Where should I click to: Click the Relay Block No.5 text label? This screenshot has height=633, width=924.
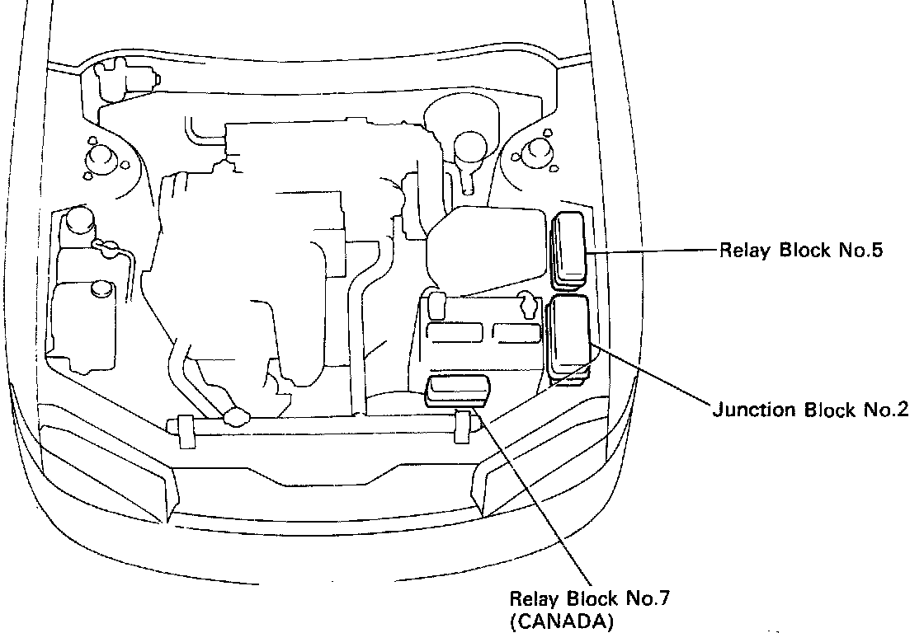801,250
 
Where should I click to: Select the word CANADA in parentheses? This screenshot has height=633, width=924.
562,622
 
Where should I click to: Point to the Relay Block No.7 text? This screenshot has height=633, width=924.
587,598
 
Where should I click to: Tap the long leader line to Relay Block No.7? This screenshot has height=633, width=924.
536,503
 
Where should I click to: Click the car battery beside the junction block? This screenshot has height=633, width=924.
483,338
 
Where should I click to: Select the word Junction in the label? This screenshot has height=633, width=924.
747,410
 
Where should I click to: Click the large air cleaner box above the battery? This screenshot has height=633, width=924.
487,247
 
